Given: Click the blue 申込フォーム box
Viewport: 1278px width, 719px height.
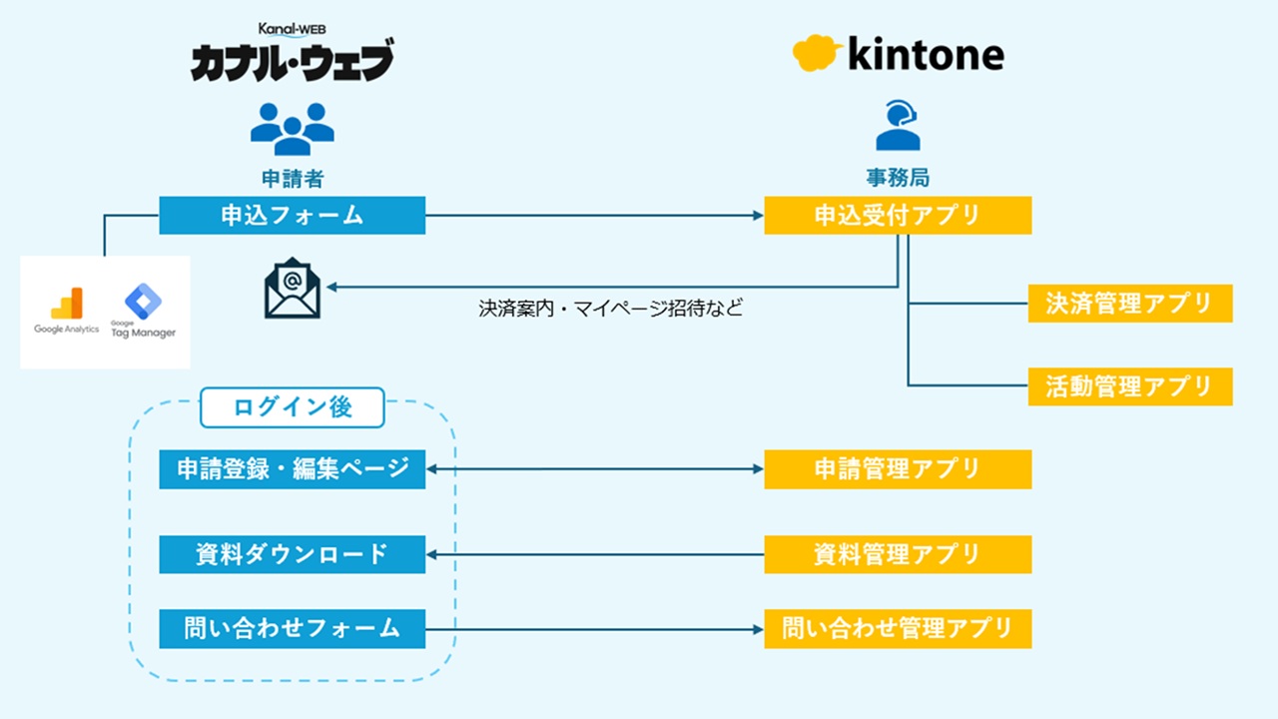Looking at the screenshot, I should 292,216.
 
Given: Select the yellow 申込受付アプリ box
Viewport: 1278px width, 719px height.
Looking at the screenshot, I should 897,216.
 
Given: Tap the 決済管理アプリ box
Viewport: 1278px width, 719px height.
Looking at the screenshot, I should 1129,304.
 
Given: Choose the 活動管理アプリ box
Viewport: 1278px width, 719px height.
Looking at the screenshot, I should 1129,386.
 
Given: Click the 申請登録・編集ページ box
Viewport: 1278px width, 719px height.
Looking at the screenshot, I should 292,469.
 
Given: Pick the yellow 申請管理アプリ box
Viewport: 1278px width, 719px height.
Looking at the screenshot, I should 897,469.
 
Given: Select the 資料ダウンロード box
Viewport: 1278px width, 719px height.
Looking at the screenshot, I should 292,554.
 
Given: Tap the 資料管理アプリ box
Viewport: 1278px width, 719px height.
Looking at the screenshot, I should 897,554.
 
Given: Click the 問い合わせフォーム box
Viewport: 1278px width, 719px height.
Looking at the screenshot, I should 292,629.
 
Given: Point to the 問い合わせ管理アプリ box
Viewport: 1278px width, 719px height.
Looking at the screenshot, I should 897,629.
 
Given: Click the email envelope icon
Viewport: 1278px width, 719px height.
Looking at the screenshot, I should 293,290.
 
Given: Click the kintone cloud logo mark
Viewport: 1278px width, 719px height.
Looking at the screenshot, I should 815,52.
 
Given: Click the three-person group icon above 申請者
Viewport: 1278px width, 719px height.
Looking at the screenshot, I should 292,129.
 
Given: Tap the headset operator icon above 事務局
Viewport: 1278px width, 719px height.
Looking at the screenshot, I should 897,127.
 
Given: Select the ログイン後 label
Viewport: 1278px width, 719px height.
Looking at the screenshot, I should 292,407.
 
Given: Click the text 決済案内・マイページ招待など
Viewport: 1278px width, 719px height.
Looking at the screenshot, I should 610,309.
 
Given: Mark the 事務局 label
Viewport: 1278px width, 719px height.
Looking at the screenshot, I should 897,179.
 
